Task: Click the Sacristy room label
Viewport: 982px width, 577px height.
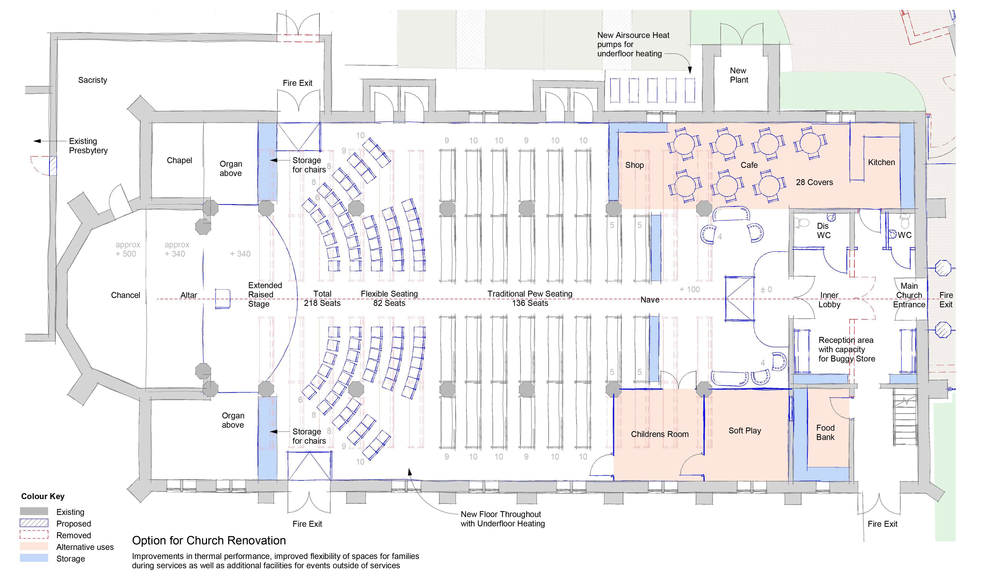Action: point(92,80)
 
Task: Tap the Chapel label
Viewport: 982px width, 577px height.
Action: point(179,160)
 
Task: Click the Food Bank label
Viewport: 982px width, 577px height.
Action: point(825,433)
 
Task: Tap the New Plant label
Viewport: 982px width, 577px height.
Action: point(739,75)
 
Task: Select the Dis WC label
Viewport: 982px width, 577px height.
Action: point(823,230)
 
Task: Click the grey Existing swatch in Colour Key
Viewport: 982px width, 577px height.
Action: point(34,511)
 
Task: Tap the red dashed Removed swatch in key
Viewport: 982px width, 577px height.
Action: point(34,535)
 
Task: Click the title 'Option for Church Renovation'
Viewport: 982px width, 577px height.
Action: point(209,540)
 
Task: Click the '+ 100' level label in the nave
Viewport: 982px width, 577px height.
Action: point(689,289)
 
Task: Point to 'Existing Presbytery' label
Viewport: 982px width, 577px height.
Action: point(88,146)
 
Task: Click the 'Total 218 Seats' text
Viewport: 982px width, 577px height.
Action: point(322,298)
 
